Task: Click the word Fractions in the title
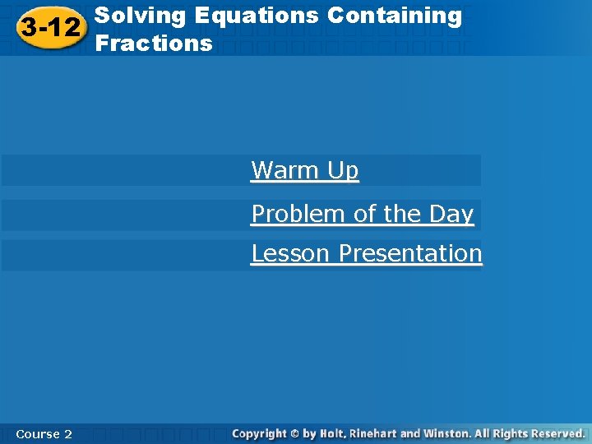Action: pos(154,44)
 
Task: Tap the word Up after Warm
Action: pos(343,170)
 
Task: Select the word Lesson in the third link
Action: pos(292,253)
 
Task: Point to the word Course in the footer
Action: pos(36,433)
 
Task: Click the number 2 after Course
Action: pos(67,433)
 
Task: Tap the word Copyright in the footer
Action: pos(259,433)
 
